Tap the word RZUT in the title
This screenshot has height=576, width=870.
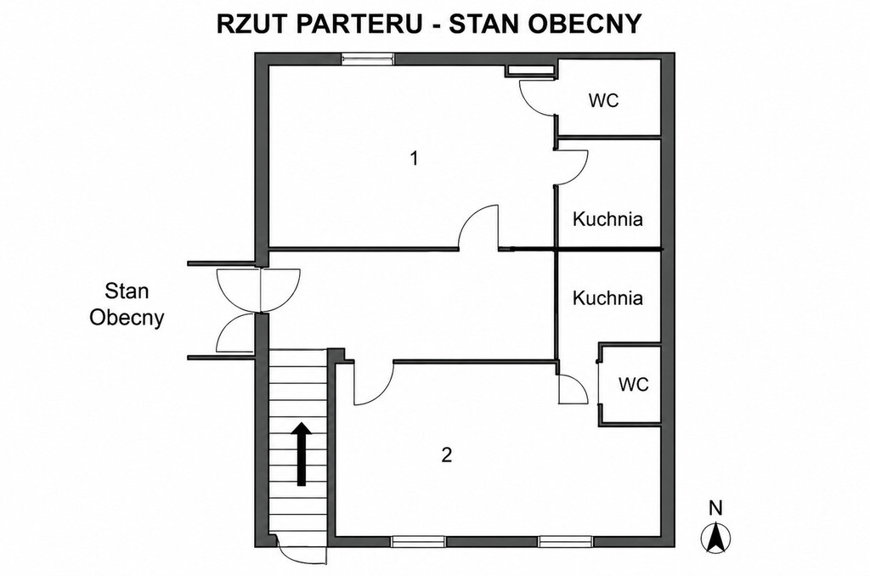click(x=249, y=25)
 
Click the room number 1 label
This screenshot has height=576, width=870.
click(x=414, y=159)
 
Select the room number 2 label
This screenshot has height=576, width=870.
click(x=447, y=455)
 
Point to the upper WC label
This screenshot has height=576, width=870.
click(x=604, y=101)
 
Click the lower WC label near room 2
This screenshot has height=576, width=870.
click(x=634, y=384)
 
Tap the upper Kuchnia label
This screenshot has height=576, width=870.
click(x=607, y=218)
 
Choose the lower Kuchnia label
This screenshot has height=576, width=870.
click(x=607, y=298)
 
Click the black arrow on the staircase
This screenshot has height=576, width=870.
click(x=302, y=454)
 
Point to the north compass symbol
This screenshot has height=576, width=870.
click(x=716, y=538)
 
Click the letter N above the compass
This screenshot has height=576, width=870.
click(x=716, y=508)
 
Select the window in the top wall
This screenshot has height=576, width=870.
click(x=368, y=59)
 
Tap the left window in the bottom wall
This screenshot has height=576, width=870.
click(x=419, y=542)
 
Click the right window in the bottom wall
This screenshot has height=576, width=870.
click(x=565, y=542)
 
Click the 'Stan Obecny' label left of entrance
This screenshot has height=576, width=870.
click(x=127, y=305)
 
